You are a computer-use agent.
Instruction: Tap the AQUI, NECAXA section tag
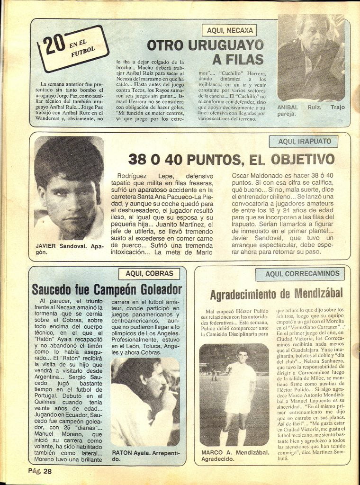pos(229,31)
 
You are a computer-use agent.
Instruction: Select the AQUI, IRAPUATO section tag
pos(303,141)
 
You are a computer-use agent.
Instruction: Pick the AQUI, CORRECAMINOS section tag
pos(302,273)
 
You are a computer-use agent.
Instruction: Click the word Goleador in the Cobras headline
pos(153,289)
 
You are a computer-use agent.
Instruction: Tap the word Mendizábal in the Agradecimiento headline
pos(316,294)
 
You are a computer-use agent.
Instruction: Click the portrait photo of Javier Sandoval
pos(69,188)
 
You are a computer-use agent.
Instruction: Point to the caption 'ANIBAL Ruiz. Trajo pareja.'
pos(311,110)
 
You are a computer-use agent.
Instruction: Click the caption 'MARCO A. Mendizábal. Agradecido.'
pos(235,455)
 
